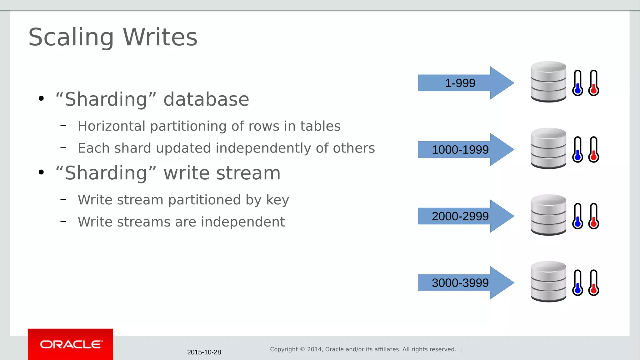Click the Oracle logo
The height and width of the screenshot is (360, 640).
coord(71,344)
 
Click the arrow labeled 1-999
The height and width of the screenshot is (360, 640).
coord(466,83)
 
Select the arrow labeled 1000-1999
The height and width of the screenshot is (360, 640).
coord(466,150)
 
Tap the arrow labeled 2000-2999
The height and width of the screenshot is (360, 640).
coord(466,216)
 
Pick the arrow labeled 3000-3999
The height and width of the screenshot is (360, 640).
coord(466,283)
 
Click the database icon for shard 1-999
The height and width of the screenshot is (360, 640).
coord(548,82)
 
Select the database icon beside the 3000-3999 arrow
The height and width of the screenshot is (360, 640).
coord(548,282)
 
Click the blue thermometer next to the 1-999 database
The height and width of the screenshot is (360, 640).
coord(577,83)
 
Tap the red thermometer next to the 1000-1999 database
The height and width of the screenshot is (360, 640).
coord(593,150)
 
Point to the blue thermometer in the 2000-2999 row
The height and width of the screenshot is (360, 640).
coord(577,216)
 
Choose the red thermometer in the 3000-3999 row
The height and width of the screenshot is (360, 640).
coord(593,283)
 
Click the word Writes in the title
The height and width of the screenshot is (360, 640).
coord(160,37)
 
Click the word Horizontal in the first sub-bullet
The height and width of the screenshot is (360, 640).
coord(112,126)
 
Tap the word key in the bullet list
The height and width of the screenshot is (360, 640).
coord(277,200)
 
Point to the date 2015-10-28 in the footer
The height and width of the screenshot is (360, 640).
coord(204,352)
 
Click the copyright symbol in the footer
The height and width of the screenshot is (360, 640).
coord(302,349)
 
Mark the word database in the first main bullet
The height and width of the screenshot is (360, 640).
coord(206,99)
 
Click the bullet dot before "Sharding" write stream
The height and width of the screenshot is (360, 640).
coord(41,172)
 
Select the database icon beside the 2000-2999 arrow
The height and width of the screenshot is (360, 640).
coord(548,215)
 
